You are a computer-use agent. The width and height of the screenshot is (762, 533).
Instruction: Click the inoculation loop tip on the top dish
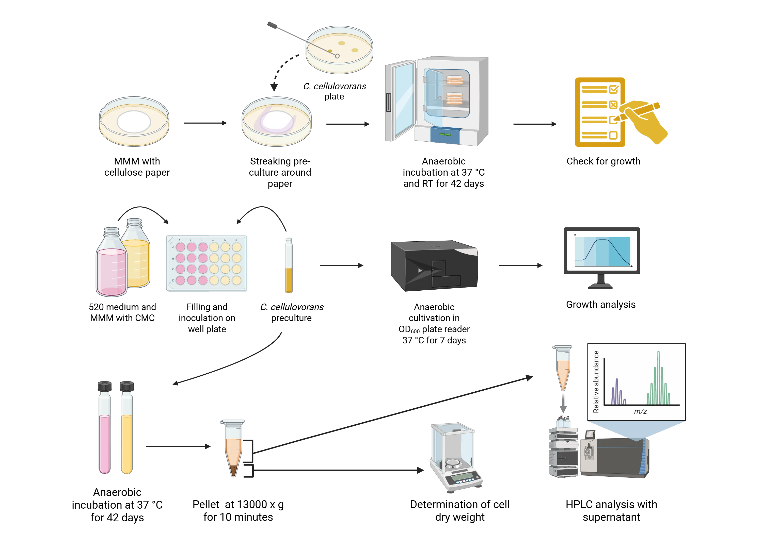337,56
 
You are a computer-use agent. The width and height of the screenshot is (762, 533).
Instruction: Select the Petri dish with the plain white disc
134,121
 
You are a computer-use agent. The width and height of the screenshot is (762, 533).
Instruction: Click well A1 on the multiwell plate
180,247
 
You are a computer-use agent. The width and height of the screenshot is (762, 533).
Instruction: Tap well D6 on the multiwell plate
236,281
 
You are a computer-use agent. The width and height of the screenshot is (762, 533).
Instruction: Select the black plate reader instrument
434,265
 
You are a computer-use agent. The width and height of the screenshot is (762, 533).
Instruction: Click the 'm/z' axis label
640,412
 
